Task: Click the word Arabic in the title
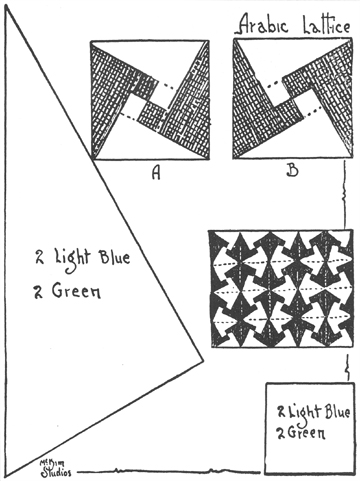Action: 263,24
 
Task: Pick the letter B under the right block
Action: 292,170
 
